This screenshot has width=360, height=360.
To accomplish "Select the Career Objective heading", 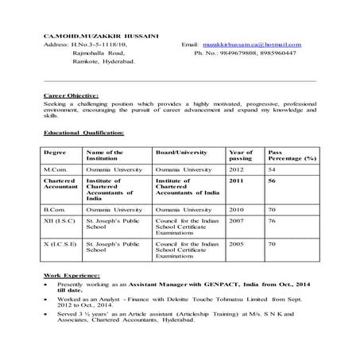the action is (x=72, y=95).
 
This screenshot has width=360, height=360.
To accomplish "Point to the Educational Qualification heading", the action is (x=83, y=133).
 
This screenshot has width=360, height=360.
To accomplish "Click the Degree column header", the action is (x=56, y=151).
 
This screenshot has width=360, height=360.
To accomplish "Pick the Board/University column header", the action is (x=181, y=151).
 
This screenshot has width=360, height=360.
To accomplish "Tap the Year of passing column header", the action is (x=241, y=154).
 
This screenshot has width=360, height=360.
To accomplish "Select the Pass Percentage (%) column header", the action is (x=292, y=154).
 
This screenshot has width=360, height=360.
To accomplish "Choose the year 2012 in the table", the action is (x=237, y=170).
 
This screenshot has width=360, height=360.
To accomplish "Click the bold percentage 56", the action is (x=272, y=181).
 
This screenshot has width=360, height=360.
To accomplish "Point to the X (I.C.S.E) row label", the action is (x=60, y=245).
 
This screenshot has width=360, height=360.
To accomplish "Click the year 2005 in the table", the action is (x=237, y=245).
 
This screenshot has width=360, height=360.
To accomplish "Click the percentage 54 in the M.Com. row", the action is (x=272, y=170).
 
